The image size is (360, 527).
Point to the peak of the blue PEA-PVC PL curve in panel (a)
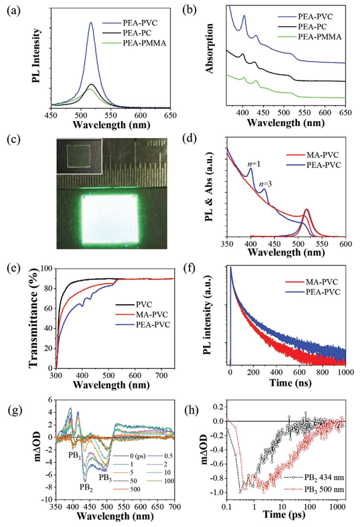click(x=91, y=23)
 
